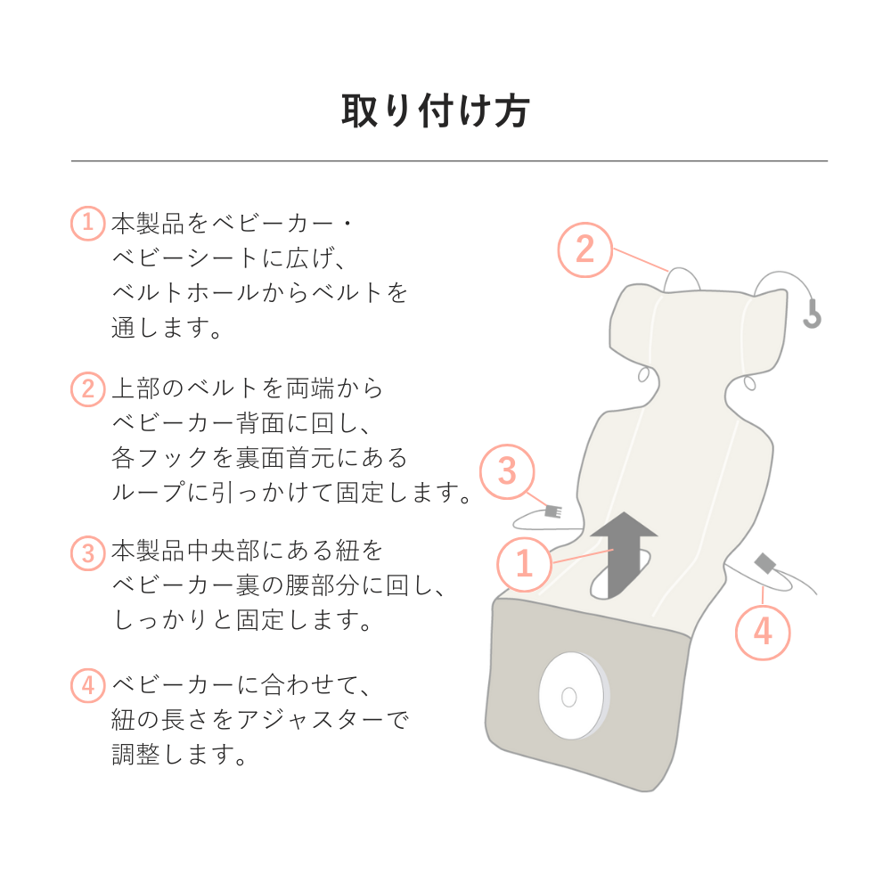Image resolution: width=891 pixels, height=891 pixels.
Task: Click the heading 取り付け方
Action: (436, 111)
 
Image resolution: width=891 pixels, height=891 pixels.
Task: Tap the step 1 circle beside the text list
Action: (87, 223)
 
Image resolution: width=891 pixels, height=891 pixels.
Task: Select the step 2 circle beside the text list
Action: (87, 389)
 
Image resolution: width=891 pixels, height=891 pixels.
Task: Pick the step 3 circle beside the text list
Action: (87, 552)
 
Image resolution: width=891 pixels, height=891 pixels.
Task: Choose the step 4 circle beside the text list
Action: (87, 686)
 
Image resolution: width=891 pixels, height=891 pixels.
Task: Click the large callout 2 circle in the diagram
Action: (584, 249)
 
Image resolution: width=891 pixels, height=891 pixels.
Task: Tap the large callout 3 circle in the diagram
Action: (507, 471)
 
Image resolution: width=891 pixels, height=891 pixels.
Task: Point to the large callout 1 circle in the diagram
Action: (524, 563)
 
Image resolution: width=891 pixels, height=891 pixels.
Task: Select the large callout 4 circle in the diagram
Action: (763, 632)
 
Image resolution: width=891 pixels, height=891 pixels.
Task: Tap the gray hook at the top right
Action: (812, 314)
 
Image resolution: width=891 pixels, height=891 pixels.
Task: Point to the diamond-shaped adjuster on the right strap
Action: (765, 564)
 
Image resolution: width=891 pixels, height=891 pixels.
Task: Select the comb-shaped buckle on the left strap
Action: (552, 512)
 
